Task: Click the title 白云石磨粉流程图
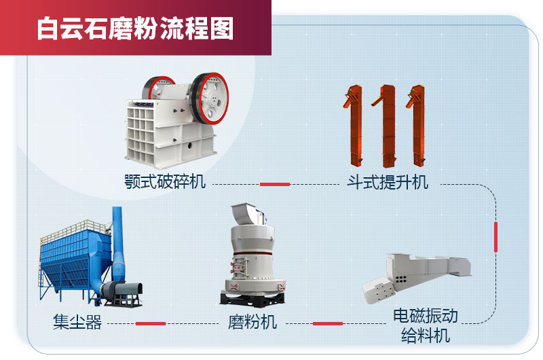pyautogui.click(x=135, y=29)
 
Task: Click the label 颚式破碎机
pyautogui.click(x=165, y=182)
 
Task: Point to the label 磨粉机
pyautogui.click(x=252, y=322)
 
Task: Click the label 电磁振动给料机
pyautogui.click(x=426, y=325)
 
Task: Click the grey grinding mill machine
pyautogui.click(x=252, y=255)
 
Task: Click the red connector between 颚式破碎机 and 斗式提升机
pyautogui.click(x=276, y=184)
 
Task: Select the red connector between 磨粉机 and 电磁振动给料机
pyautogui.click(x=328, y=323)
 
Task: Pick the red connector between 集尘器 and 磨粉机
pyautogui.click(x=151, y=323)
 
